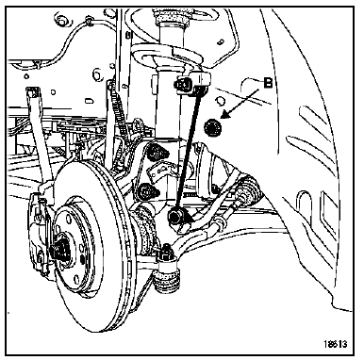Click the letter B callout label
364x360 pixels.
tap(268, 83)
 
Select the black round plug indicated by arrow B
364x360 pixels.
tap(212, 128)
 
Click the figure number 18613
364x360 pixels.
tap(336, 344)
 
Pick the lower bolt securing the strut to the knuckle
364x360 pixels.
tap(146, 191)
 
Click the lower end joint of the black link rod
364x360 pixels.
tap(176, 217)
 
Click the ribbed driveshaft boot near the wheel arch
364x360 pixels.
tap(248, 191)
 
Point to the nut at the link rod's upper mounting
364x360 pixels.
tap(181, 84)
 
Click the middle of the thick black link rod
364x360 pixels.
tap(188, 151)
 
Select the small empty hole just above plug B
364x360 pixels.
tap(221, 101)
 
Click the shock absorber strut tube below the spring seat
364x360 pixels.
tap(169, 104)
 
